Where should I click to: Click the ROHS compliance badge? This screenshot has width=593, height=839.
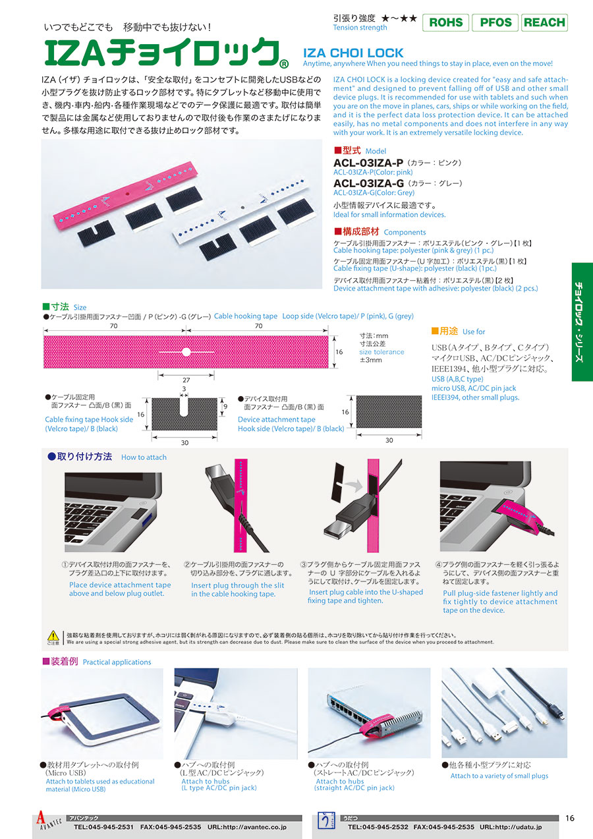445,22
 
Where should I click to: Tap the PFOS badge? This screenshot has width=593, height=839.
495,22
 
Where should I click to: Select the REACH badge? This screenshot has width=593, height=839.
544,22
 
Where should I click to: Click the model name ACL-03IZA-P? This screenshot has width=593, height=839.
368,163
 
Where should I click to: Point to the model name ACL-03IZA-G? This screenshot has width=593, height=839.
368,183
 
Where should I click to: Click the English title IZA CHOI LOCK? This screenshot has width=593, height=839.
353,53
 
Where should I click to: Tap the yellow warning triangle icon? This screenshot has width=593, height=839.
53,635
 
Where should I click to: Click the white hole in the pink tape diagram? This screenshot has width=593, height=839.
186,352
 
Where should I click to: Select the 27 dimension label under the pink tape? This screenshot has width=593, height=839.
186,380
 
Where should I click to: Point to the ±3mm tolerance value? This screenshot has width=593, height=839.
370,360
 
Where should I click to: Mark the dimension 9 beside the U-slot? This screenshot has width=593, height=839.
225,407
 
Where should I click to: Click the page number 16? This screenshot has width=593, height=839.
570,818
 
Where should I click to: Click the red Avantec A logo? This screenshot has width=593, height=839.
40,819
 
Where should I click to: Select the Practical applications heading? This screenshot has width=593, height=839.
117,662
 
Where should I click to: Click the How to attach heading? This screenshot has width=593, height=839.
144,457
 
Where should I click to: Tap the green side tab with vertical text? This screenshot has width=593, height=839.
582,322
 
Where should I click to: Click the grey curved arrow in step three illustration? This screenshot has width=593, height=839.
353,486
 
